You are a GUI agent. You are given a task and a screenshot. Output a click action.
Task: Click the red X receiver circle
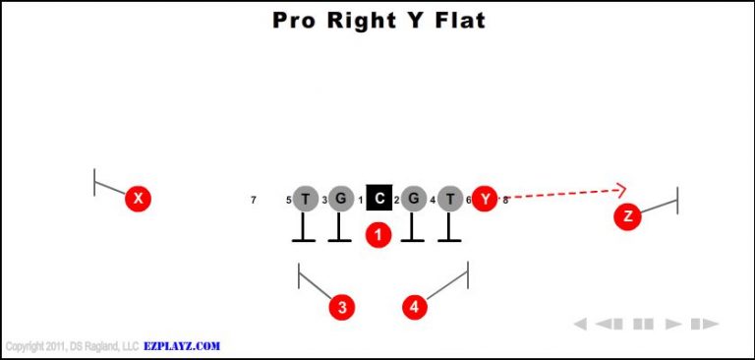[x=139, y=199]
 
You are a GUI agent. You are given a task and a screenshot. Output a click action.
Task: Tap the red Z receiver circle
[x=627, y=217]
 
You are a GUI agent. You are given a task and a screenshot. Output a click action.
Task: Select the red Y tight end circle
[x=485, y=199]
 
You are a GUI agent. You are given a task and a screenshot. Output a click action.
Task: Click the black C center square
[x=378, y=199]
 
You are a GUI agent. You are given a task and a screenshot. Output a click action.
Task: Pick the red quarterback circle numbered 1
[x=377, y=234]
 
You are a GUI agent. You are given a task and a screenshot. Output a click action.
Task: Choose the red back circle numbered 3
[x=341, y=307]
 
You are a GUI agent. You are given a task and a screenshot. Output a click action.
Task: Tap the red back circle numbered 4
[x=415, y=307]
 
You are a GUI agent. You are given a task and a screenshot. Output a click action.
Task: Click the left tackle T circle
[x=306, y=199]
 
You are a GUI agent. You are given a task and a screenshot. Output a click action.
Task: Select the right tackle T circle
[x=450, y=199]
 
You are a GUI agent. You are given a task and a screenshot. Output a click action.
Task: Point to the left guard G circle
[x=340, y=199]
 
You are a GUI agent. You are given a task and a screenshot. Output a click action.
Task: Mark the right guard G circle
[x=414, y=199]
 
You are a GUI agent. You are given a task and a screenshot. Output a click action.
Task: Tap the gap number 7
[x=254, y=201]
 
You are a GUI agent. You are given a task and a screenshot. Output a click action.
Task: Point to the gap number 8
[x=505, y=201]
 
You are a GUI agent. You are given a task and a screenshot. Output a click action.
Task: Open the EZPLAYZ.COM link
[x=183, y=346]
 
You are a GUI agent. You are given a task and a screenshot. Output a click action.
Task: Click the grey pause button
[x=643, y=324]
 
